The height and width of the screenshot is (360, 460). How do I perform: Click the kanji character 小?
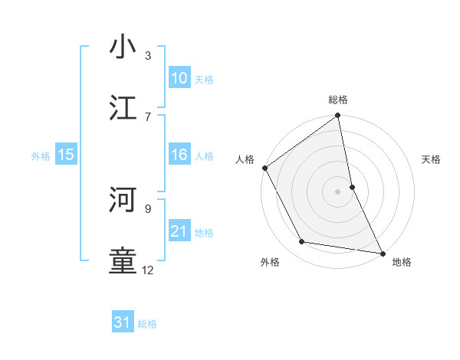click(x=123, y=47)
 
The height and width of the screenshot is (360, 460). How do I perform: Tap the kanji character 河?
click(x=123, y=200)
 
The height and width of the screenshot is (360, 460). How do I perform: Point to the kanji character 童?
click(x=123, y=261)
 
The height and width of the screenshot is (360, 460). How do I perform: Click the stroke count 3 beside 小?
click(x=148, y=55)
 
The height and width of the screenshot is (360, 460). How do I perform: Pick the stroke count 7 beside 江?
click(x=148, y=116)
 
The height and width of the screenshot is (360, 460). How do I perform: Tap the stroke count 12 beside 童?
click(x=148, y=270)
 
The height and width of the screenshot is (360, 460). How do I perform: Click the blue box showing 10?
click(x=179, y=78)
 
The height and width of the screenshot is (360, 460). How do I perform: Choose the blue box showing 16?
click(x=179, y=155)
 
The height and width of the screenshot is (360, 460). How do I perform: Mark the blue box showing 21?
click(x=179, y=231)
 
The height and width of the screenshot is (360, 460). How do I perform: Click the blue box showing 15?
click(x=66, y=155)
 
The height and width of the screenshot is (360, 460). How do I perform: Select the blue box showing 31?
click(x=123, y=323)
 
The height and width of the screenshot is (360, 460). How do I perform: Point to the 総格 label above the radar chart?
click(x=338, y=100)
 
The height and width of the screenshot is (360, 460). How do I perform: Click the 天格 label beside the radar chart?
click(x=431, y=159)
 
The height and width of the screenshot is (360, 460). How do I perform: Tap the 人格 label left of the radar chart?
click(x=245, y=159)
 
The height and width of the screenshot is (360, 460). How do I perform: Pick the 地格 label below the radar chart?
click(x=402, y=262)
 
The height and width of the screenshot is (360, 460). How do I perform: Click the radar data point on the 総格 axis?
click(x=338, y=116)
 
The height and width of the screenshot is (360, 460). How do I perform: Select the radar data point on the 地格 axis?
click(x=382, y=253)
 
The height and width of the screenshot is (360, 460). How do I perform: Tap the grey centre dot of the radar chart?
click(x=338, y=191)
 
